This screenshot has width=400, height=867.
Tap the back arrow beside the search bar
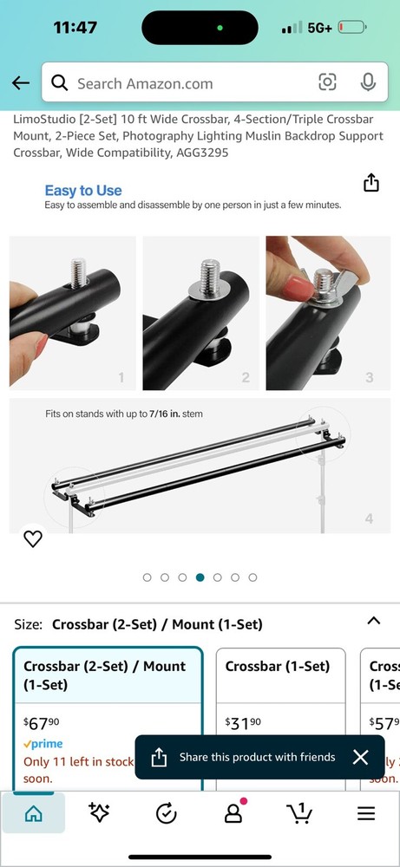click(x=21, y=82)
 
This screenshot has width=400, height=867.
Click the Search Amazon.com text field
click(x=174, y=83)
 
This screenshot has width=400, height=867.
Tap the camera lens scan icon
click(x=327, y=82)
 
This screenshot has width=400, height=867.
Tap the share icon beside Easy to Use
click(x=371, y=183)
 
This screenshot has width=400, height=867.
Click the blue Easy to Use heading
click(x=83, y=191)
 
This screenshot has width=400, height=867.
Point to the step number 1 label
click(x=121, y=377)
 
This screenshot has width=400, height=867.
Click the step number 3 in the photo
click(x=370, y=377)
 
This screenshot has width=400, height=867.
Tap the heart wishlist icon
click(x=32, y=538)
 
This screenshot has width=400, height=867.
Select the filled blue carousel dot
click(x=200, y=577)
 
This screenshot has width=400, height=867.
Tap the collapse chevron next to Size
click(x=374, y=621)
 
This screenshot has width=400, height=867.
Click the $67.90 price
click(x=42, y=723)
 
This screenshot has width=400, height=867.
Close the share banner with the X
click(x=361, y=757)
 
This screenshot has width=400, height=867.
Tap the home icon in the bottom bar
click(x=33, y=814)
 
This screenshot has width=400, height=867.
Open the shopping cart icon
click(x=298, y=814)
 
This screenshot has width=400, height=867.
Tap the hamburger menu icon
click(x=366, y=814)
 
